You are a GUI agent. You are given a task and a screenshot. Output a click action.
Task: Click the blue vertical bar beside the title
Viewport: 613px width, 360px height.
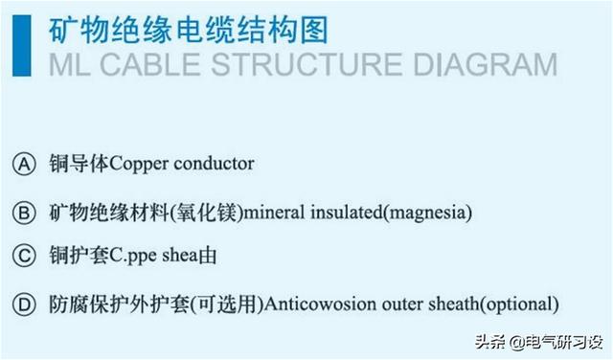[x=21, y=45]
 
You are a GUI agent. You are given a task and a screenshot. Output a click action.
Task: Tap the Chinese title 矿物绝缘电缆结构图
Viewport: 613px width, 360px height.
[x=189, y=30]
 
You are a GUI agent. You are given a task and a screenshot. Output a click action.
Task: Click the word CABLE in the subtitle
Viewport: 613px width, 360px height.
[x=151, y=64]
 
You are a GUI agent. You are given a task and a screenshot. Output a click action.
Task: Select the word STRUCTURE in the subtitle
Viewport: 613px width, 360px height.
[x=306, y=64]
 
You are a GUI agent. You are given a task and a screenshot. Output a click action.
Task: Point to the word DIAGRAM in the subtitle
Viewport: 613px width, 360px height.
[x=486, y=64]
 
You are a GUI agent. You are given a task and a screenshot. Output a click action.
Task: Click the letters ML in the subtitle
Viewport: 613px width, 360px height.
[x=69, y=64]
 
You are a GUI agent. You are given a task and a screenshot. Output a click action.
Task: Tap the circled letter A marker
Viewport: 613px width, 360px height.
[x=24, y=164]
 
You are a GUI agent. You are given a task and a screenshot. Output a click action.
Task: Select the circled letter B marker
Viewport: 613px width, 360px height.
[x=24, y=213]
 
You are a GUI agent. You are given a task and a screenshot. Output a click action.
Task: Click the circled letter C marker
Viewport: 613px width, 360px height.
[x=24, y=256]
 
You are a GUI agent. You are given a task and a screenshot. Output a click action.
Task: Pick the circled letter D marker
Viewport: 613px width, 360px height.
[x=24, y=304]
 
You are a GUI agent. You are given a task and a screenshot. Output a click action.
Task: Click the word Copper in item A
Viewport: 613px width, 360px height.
[x=139, y=164]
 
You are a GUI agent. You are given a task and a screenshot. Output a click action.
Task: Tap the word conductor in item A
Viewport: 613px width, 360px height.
[x=214, y=164]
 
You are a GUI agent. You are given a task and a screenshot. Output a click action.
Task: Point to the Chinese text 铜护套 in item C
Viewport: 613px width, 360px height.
[x=79, y=256]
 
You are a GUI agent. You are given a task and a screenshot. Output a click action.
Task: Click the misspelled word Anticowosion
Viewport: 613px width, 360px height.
[x=320, y=304]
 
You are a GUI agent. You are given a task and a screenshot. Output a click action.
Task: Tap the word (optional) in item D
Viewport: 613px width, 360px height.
[x=519, y=304]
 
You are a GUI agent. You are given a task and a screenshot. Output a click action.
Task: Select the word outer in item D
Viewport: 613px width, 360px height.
[x=402, y=304]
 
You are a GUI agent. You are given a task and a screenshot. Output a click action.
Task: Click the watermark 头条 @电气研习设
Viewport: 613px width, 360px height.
[x=539, y=343]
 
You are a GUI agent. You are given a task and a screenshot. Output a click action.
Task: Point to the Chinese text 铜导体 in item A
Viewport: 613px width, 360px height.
[x=79, y=164]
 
